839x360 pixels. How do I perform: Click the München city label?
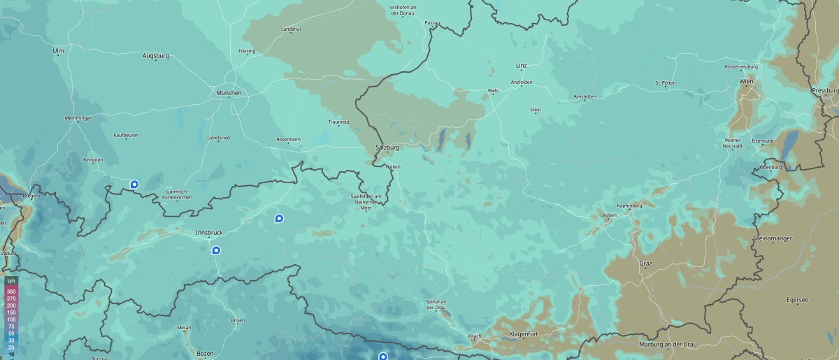click(229, 93)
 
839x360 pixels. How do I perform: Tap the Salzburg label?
click(387, 147)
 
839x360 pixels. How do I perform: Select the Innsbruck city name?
click(208, 232)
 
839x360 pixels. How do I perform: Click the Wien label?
click(746, 82)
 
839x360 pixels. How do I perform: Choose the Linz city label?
click(521, 66)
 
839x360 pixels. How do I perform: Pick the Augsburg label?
click(155, 55)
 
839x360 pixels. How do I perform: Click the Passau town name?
click(432, 23)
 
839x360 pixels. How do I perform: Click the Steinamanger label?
click(772, 238)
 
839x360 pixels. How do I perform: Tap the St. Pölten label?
click(665, 82)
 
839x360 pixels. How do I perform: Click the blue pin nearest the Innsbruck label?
click(216, 250)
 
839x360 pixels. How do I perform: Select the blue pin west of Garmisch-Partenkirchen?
click(134, 185)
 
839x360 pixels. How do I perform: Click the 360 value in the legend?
click(11, 291)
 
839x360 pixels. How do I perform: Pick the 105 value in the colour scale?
click(11, 319)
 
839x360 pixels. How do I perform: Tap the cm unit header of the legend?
click(11, 280)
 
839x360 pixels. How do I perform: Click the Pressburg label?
click(825, 91)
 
